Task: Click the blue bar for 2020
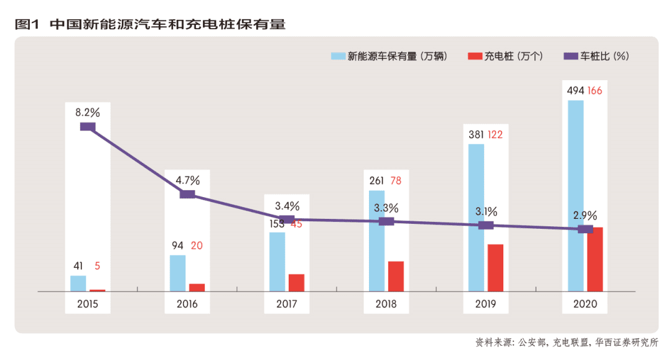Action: point(576,195)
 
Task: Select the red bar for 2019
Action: point(495,267)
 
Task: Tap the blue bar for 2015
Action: point(78,283)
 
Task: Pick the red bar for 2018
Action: point(396,276)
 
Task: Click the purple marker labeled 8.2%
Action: point(88,127)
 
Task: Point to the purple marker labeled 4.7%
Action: point(187,195)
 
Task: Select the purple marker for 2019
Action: point(486,225)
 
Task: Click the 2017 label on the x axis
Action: point(287,305)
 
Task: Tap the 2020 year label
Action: point(586,305)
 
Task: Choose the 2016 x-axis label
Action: point(187,305)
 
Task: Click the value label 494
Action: point(575,91)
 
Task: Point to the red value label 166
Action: point(595,91)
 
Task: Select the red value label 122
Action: point(495,134)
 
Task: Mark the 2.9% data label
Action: point(585,216)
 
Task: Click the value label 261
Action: point(376,181)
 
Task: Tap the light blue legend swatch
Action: point(338,56)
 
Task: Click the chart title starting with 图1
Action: point(150,25)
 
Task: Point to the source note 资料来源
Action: point(566,343)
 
